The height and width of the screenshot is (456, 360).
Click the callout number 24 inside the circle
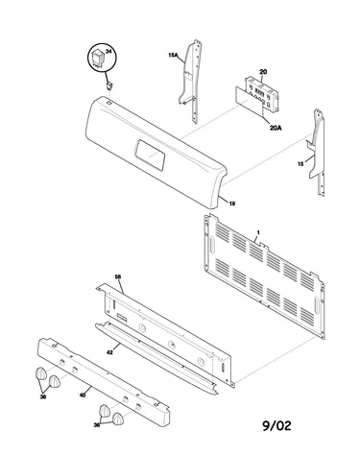[108, 52]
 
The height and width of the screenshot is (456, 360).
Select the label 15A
[173, 55]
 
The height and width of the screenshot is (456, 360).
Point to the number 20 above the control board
[263, 72]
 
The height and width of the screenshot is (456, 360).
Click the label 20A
[276, 128]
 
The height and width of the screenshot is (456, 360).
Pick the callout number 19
[232, 203]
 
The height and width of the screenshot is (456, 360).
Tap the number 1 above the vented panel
[258, 232]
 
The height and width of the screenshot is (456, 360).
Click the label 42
[109, 352]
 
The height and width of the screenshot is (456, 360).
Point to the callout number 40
[83, 395]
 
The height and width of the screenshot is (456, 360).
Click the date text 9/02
[276, 425]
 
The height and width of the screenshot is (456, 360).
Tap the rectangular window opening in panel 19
[150, 155]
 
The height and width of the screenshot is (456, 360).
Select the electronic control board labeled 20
[263, 94]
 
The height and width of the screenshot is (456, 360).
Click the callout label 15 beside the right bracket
[300, 164]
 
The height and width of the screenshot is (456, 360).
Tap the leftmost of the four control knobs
[41, 373]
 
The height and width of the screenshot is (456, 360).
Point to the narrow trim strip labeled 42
[156, 358]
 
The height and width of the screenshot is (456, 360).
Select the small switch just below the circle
[109, 85]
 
